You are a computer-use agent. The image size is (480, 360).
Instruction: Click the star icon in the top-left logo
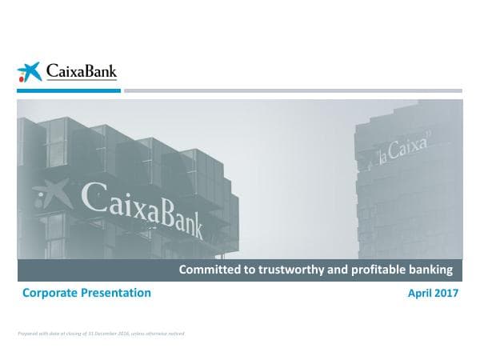(x=30, y=73)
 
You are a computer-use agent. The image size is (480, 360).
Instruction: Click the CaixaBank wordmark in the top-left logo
(x=81, y=72)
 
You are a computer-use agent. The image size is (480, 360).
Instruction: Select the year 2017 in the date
(x=446, y=294)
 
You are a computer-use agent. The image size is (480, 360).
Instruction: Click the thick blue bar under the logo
(x=69, y=91)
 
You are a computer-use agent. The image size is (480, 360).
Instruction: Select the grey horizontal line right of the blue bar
(x=293, y=91)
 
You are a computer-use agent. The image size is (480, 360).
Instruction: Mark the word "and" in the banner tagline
(x=339, y=270)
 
